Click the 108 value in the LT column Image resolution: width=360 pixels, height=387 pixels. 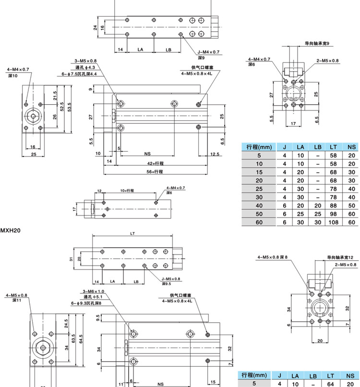[333, 222]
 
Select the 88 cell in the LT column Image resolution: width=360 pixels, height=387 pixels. [333, 205]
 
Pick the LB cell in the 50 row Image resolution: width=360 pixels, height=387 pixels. [317, 214]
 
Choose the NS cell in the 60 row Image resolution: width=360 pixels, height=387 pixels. [351, 222]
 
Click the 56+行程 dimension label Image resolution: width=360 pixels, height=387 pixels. [155, 171]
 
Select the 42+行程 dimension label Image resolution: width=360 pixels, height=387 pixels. [155, 164]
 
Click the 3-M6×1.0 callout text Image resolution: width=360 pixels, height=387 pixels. [93, 292]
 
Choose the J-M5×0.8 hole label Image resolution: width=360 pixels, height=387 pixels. [171, 278]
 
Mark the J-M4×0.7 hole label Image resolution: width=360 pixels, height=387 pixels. [208, 52]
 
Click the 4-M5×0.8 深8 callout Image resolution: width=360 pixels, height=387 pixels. [272, 257]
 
